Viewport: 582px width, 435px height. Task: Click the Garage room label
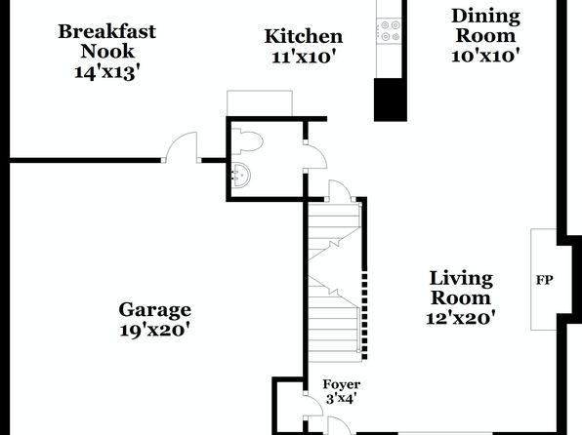[155, 309]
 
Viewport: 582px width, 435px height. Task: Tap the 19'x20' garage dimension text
[155, 330]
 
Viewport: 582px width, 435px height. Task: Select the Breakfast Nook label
[107, 41]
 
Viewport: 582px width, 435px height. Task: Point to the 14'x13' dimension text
[107, 72]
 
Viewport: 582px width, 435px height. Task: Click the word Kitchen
[304, 36]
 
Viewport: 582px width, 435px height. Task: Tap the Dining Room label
[485, 26]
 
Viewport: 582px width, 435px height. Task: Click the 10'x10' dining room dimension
[484, 56]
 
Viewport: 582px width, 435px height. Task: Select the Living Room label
[461, 288]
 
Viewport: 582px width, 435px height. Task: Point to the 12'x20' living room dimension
[461, 318]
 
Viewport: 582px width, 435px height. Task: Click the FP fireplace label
[544, 280]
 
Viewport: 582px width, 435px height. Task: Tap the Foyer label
[341, 384]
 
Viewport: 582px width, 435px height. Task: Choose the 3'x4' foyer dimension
[341, 399]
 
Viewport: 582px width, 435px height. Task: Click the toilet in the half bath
[247, 140]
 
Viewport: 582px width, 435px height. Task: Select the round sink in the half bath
[241, 174]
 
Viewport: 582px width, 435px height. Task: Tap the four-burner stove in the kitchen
[390, 31]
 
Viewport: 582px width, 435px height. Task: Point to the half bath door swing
[315, 156]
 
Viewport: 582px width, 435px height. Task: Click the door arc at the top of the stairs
[341, 190]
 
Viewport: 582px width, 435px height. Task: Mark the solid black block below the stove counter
[390, 99]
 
